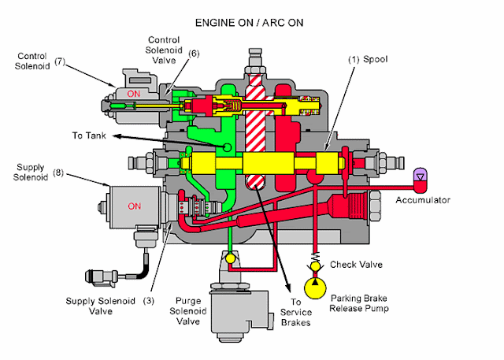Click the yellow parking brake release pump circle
(315, 284)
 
